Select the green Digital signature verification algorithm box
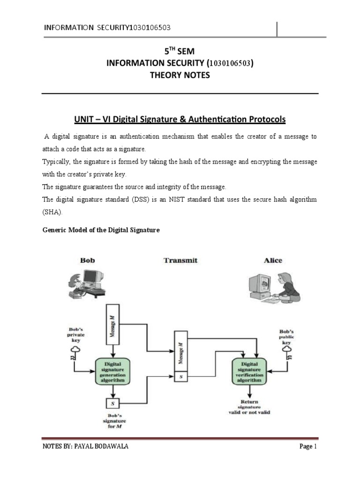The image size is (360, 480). click(249, 371)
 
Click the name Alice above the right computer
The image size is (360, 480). click(273, 260)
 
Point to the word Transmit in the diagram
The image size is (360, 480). click(180, 260)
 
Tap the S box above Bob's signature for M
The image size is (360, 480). click(112, 402)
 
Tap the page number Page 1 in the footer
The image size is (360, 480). click(308, 459)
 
